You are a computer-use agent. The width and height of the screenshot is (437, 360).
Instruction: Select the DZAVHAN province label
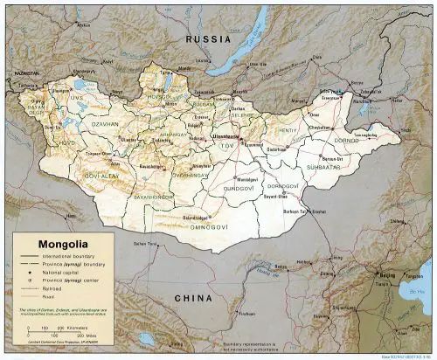(x=103, y=125)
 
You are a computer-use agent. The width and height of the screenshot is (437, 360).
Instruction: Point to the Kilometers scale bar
(x=52, y=329)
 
